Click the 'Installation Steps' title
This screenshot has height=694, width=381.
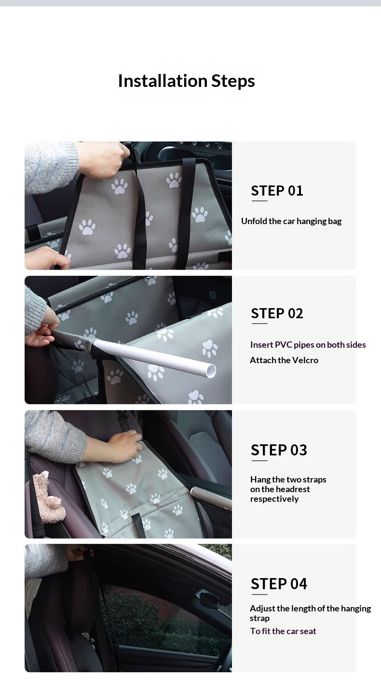[x=186, y=81]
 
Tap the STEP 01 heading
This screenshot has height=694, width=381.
[x=277, y=191]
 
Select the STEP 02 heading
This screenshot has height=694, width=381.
[x=277, y=313]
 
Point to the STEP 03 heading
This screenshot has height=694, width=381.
[x=279, y=450]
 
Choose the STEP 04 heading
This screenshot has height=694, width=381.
[x=279, y=584]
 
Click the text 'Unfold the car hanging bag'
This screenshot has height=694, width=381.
[x=291, y=221]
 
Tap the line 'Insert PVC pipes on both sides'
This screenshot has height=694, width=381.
[x=308, y=345]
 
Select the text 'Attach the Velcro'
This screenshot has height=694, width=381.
[x=284, y=360]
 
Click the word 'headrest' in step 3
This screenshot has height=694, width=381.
[x=295, y=489]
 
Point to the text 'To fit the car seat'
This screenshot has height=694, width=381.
[x=283, y=631]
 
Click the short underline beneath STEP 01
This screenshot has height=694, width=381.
[x=259, y=201]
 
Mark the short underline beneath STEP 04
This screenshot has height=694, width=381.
[x=259, y=594]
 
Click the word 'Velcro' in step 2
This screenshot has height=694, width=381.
[x=305, y=360]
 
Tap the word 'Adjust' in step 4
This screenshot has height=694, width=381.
[x=262, y=609]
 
